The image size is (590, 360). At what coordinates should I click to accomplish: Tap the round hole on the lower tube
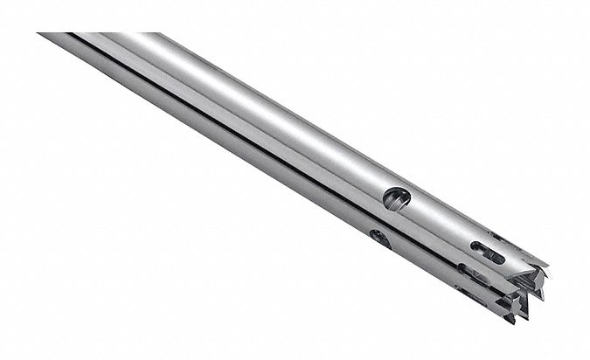[x=379, y=238]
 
